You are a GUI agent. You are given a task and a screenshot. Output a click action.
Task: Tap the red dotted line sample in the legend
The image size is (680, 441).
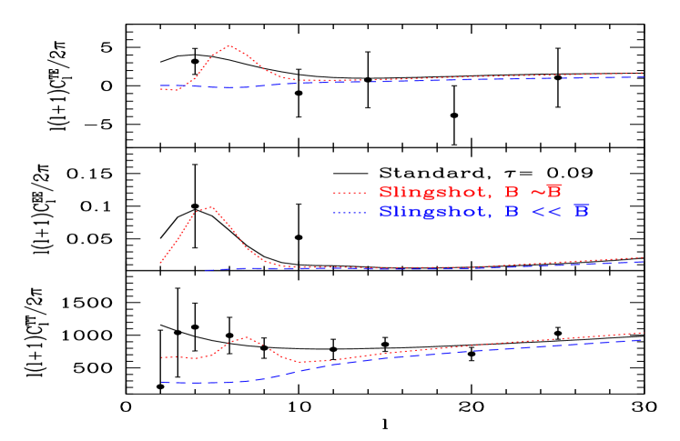click(350, 193)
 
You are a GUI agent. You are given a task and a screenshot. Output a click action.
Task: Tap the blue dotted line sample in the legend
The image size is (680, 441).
click(350, 213)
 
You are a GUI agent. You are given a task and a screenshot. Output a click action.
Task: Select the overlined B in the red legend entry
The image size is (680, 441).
click(553, 192)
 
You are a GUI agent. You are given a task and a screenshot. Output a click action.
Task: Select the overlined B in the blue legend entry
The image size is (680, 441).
click(581, 212)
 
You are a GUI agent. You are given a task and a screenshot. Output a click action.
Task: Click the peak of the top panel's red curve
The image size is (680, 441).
click(229, 45)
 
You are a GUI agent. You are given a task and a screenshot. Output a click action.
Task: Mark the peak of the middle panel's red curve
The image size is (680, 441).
click(210, 207)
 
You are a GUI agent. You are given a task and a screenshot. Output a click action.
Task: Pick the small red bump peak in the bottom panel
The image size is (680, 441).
click(246, 337)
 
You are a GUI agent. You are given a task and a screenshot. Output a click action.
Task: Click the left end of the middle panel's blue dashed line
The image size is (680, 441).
click(206, 270)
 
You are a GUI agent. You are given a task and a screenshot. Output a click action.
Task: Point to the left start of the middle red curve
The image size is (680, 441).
click(161, 263)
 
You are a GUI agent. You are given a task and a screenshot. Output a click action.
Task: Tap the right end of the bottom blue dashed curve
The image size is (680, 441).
click(643, 339)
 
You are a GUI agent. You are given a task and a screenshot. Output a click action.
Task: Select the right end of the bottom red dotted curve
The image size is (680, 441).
click(643, 332)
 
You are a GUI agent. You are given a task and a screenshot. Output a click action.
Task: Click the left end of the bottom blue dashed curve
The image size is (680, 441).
click(162, 382)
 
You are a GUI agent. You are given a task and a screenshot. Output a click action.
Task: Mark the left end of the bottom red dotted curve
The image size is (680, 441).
click(162, 357)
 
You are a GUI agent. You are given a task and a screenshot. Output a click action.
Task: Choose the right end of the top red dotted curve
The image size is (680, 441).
click(644, 73)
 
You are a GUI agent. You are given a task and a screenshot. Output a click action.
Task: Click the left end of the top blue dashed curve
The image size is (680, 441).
click(161, 86)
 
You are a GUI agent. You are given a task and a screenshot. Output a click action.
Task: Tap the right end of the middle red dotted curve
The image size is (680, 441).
click(644, 257)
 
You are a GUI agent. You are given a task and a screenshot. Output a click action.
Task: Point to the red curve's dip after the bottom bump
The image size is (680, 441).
click(300, 362)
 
